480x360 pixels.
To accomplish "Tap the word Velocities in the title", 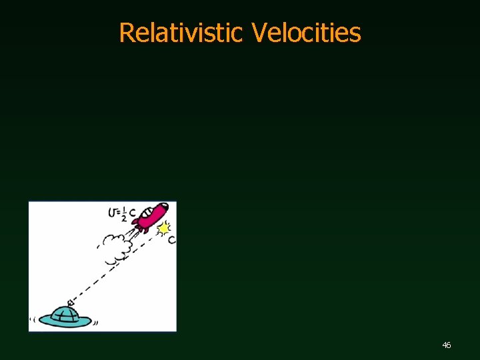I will point(306,32).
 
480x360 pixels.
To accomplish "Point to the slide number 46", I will point(447,345).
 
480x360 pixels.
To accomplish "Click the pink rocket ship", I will point(151,216).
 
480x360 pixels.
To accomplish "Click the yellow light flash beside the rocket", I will point(163,229).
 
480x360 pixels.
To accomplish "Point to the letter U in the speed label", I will point(111,213).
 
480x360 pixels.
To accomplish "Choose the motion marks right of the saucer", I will point(96,322).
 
